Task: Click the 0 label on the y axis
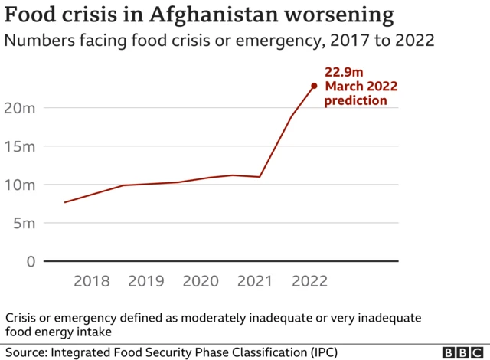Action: tap(31, 261)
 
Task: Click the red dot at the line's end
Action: tap(314, 86)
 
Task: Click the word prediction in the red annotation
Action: tap(356, 100)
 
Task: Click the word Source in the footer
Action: tap(24, 352)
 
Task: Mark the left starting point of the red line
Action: tap(65, 202)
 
